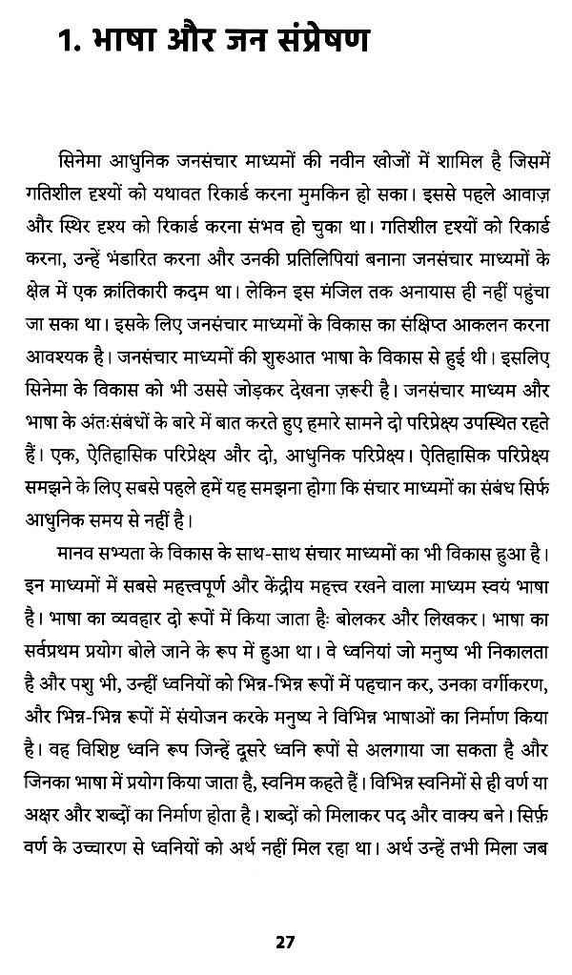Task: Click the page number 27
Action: (285, 943)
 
